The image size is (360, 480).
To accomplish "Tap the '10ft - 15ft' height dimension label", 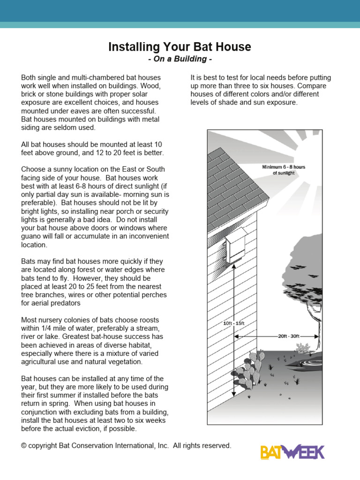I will click(234, 323).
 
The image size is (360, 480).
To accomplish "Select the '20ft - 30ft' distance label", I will click(289, 336).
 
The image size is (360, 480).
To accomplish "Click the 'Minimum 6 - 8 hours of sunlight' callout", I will click(284, 170).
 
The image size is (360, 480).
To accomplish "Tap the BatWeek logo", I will click(292, 452).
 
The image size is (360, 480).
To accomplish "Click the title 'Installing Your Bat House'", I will click(180, 47).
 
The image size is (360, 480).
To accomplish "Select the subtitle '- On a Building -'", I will click(180, 59).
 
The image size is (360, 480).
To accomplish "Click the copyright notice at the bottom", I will click(126, 446).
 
